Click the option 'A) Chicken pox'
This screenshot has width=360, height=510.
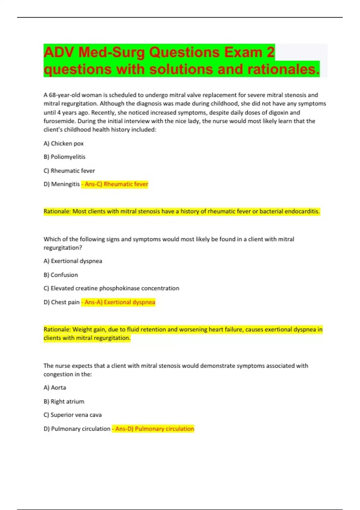pyautogui.click(x=64, y=143)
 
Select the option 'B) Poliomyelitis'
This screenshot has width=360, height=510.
pyautogui.click(x=64, y=157)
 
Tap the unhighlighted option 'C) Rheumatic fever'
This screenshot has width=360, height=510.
pyautogui.click(x=69, y=171)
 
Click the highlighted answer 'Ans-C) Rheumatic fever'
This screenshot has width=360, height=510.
pyautogui.click(x=116, y=184)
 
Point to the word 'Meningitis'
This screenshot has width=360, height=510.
pyautogui.click(x=65, y=184)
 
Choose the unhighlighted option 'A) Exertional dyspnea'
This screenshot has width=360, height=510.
pyautogui.click(x=73, y=261)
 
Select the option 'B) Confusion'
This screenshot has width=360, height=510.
pyautogui.click(x=61, y=275)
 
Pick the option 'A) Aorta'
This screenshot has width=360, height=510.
pyautogui.click(x=55, y=388)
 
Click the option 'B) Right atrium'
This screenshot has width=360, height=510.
pyautogui.click(x=64, y=401)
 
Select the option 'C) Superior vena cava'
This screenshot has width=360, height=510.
pyautogui.click(x=73, y=415)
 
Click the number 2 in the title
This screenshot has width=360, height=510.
pyautogui.click(x=270, y=52)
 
